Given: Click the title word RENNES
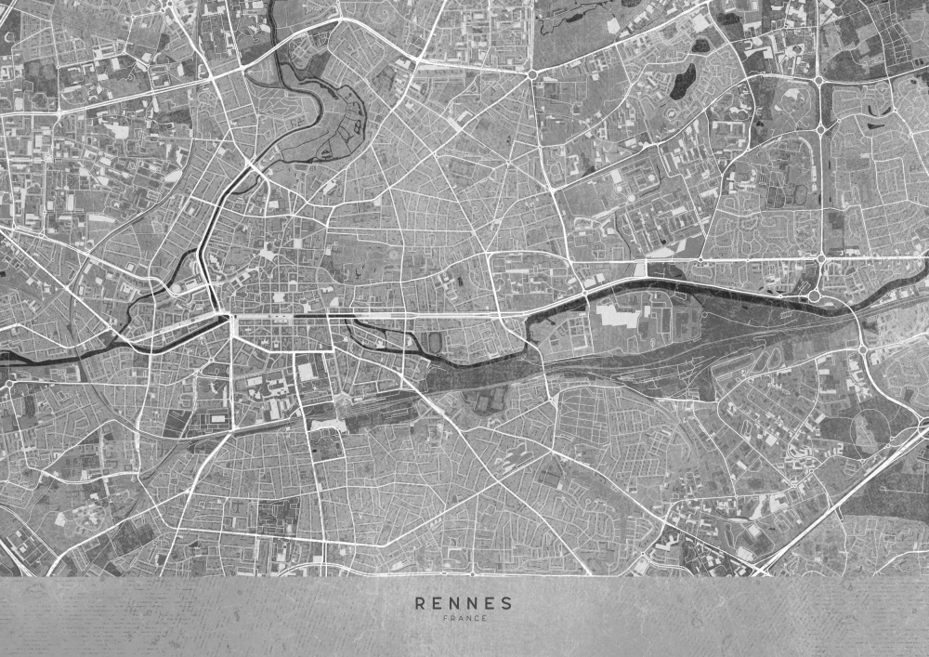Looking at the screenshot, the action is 464,602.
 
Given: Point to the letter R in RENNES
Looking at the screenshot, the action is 420,602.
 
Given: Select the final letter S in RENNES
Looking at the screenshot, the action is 507,602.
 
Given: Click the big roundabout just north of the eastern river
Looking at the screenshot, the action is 815,296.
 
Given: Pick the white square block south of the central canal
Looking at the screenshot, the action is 306,372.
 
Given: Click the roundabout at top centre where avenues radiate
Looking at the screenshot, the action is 532,73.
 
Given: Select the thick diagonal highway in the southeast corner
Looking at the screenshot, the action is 836,506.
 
